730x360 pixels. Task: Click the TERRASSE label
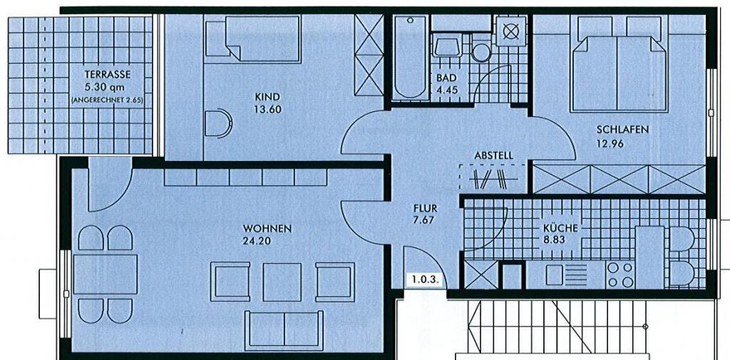point(108,75)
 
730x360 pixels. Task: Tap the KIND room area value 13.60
point(267,110)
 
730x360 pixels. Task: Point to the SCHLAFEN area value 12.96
point(610,143)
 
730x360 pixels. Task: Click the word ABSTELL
point(494,156)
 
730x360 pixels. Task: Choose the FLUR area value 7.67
point(425,220)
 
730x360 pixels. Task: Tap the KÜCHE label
point(560,228)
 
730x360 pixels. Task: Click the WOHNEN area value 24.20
point(256,241)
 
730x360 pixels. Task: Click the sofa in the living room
point(284,330)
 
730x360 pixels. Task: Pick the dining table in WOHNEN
point(106,274)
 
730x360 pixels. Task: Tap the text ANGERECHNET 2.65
point(107,100)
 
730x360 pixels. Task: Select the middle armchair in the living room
point(282,282)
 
